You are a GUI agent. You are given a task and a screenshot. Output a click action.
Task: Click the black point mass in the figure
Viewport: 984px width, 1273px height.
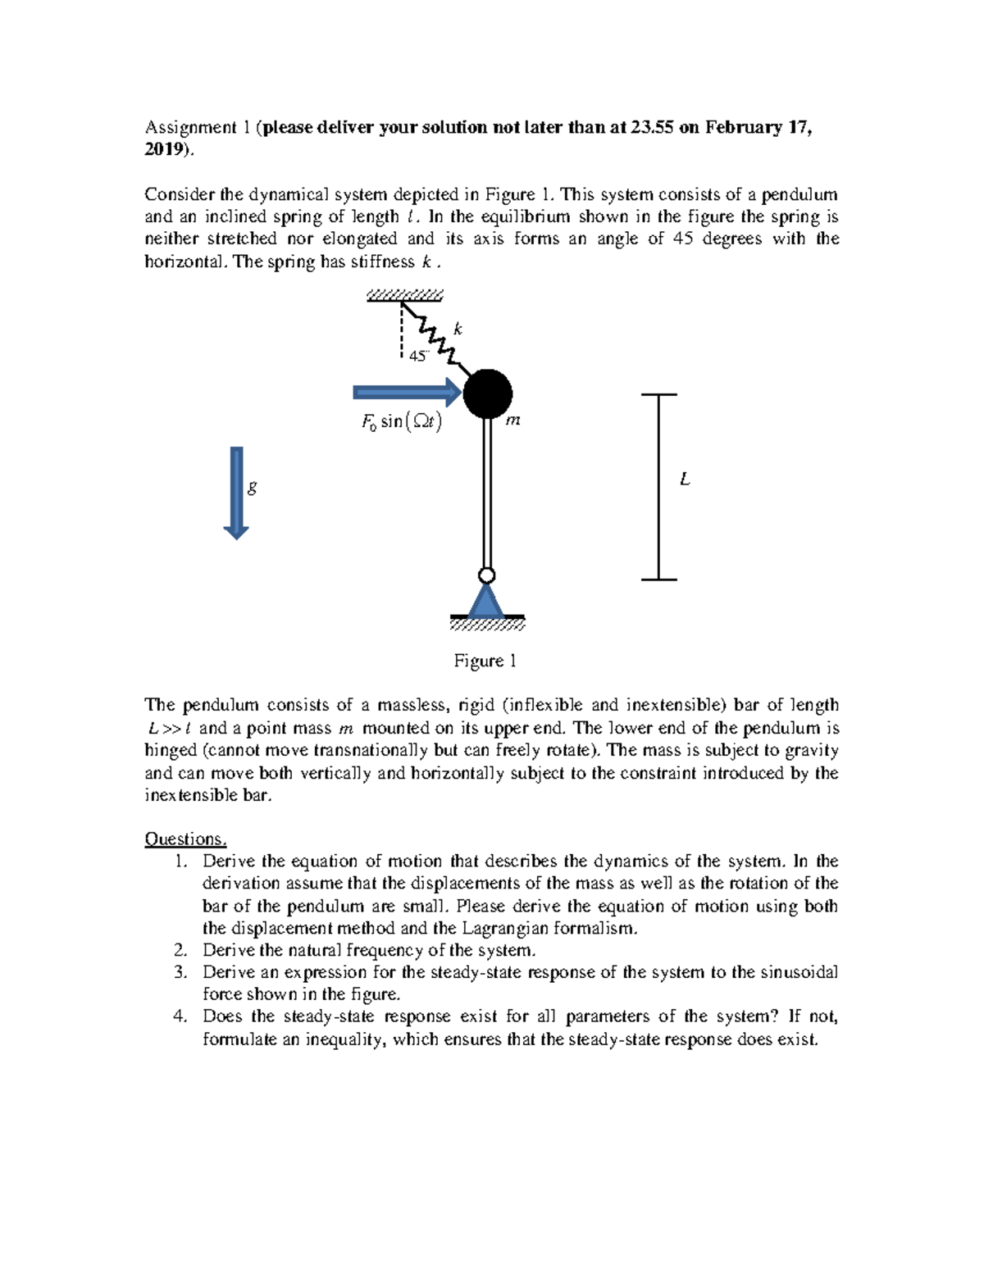[488, 393]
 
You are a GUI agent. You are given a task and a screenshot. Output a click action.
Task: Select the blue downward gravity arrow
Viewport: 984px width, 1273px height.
[236, 493]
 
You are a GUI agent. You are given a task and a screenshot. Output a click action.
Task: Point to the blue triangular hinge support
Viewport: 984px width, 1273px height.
[487, 601]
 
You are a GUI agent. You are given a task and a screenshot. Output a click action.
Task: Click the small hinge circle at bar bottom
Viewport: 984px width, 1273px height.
[487, 574]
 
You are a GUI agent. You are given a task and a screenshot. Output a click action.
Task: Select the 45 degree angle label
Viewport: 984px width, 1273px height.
[419, 357]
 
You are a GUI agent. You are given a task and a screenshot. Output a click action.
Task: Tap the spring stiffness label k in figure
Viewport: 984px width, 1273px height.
[458, 329]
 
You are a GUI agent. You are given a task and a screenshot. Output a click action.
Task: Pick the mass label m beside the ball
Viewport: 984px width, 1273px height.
[513, 421]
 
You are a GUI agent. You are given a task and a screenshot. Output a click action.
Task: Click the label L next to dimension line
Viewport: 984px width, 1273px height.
[685, 480]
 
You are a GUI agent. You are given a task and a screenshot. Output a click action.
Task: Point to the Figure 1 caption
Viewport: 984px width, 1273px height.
[485, 661]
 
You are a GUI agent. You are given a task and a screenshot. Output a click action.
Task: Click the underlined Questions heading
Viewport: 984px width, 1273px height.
[185, 839]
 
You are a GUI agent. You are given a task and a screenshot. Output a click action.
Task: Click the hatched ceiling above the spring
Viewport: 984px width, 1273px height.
[405, 295]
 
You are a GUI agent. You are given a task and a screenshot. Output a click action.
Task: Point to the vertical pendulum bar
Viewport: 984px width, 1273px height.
[488, 492]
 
